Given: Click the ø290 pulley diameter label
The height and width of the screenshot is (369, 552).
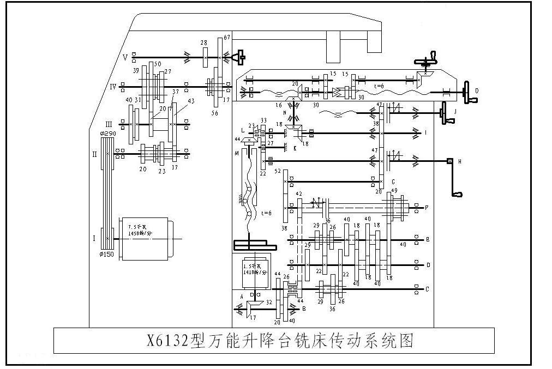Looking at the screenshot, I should [x=107, y=134].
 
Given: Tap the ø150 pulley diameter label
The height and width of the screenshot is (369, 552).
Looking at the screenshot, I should [x=107, y=254].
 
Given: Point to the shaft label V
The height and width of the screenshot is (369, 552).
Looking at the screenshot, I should [x=125, y=57].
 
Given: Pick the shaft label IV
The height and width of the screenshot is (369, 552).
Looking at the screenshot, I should [x=113, y=86].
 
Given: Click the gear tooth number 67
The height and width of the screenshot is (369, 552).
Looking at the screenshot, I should [x=227, y=37].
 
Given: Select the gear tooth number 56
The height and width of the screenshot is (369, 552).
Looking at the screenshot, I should [x=214, y=113].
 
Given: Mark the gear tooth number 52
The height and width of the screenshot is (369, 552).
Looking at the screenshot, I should [x=278, y=172].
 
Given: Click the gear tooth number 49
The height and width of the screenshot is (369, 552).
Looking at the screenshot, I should [x=394, y=190].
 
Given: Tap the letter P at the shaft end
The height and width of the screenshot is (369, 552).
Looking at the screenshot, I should [x=427, y=208].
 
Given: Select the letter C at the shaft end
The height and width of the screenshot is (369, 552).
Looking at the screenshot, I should [x=427, y=289].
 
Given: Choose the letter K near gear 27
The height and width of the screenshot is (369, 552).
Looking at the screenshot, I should [x=295, y=148].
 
